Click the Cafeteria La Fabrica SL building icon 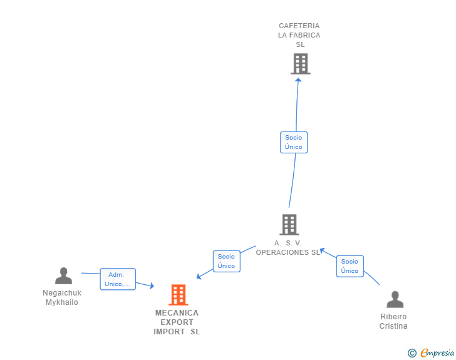[300, 63]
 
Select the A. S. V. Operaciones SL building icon [289, 224]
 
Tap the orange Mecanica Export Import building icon [179, 295]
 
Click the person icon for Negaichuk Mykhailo [63, 275]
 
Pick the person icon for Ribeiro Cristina [395, 299]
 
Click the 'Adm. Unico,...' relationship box [118, 279]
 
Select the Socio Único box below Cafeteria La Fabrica [294, 142]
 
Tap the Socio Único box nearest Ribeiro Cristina [350, 266]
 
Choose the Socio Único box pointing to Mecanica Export [226, 261]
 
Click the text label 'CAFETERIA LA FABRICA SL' [299, 35]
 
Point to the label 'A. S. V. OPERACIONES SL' [288, 248]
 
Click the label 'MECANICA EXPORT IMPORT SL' [177, 322]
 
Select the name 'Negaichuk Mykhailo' [62, 297]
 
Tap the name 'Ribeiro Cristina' [393, 321]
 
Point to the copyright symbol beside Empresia [412, 353]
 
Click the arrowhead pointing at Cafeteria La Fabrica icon [299, 80]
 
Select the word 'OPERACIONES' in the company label [281, 252]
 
